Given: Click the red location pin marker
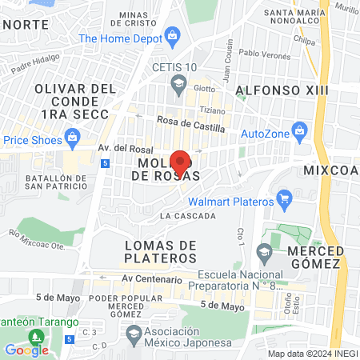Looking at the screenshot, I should click(x=181, y=160).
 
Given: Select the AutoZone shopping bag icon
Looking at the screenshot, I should click(x=301, y=129).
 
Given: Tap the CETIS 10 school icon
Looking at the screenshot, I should click(x=181, y=82).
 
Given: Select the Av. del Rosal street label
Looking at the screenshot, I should click(x=125, y=148).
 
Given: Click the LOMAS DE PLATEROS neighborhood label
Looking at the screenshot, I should click(x=160, y=251).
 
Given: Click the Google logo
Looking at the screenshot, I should click(x=26, y=350).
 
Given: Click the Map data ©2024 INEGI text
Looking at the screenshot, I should click(x=311, y=354).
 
